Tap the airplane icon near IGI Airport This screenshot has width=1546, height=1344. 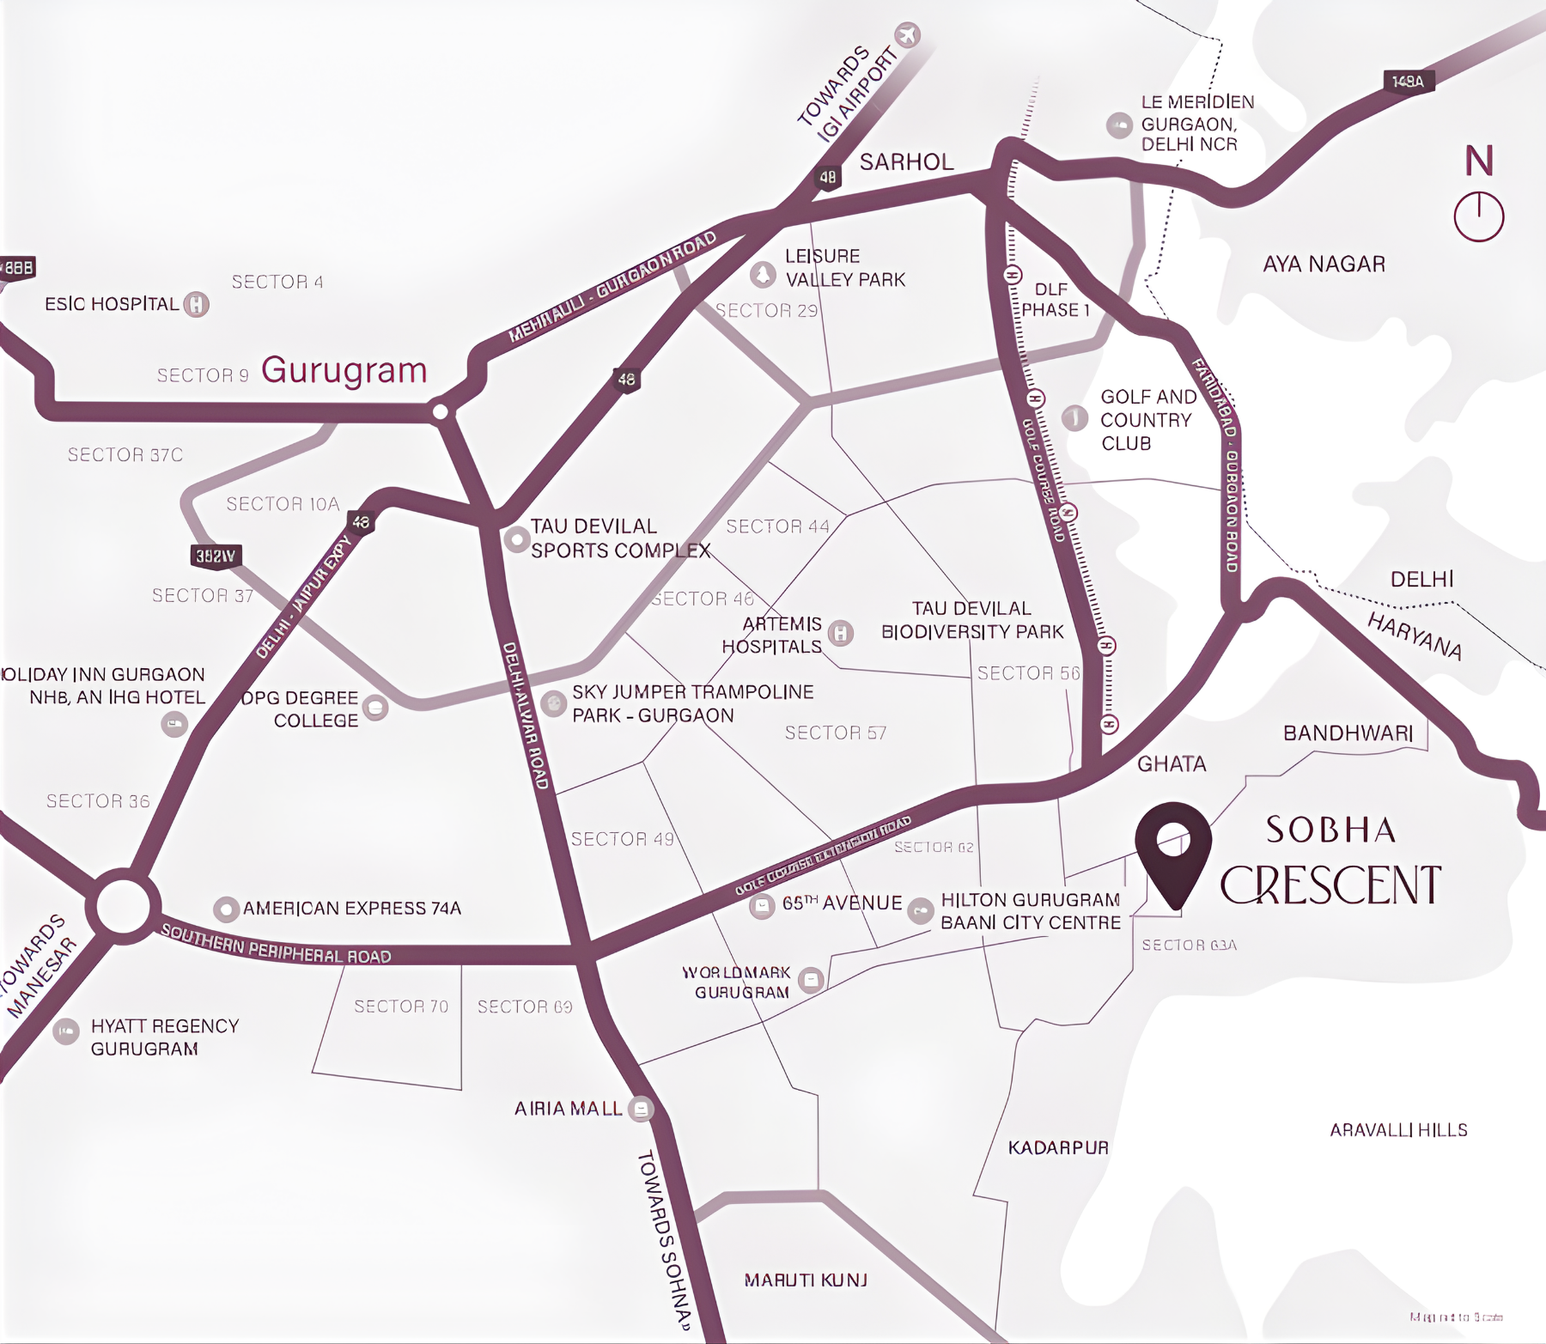[x=907, y=35]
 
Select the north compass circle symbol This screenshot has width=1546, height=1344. [x=1478, y=216]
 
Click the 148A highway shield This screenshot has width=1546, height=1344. [x=1408, y=82]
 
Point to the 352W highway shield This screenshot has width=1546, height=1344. [x=216, y=556]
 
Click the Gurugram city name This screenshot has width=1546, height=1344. [x=344, y=370]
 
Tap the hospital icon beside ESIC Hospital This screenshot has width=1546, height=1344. [x=197, y=304]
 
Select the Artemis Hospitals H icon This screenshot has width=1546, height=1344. [x=841, y=634]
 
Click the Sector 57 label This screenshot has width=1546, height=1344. [x=835, y=733]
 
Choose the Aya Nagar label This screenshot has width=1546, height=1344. [x=1324, y=265]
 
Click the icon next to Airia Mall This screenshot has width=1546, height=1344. [x=641, y=1109]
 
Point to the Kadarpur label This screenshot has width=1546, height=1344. [x=1058, y=1147]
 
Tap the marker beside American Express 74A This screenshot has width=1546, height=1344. [x=226, y=909]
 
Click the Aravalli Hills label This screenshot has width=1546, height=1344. [x=1398, y=1130]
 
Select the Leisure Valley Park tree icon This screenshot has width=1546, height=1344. [x=763, y=275]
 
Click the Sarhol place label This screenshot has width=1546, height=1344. [x=906, y=162]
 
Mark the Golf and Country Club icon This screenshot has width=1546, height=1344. [x=1075, y=418]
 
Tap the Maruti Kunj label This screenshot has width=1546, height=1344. [x=806, y=1280]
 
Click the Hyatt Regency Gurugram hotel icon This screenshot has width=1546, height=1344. [x=66, y=1031]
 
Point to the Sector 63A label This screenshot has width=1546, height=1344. [x=1189, y=946]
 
